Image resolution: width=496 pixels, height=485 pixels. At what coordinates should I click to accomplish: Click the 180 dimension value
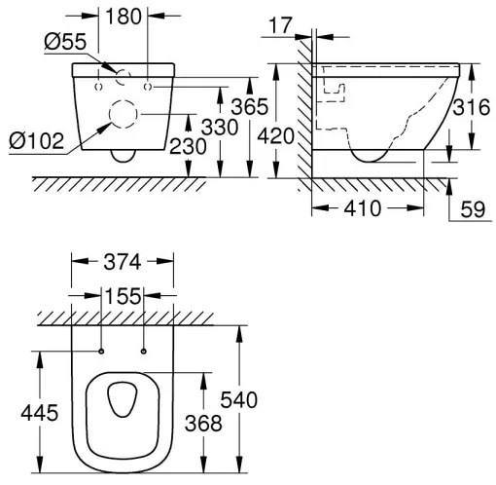pyautogui.click(x=124, y=18)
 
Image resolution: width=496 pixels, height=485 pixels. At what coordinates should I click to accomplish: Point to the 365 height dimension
pyautogui.click(x=249, y=107)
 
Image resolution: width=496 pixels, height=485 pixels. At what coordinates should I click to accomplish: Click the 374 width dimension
pyautogui.click(x=124, y=262)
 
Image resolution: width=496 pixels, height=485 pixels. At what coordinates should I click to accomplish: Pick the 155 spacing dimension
pyautogui.click(x=124, y=294)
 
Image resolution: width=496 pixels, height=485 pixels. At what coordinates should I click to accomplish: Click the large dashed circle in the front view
pyautogui.click(x=124, y=114)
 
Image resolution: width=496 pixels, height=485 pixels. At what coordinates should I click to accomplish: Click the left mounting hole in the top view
pyautogui.click(x=102, y=350)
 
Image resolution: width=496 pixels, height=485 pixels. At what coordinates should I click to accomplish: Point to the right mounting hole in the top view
pyautogui.click(x=144, y=350)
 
